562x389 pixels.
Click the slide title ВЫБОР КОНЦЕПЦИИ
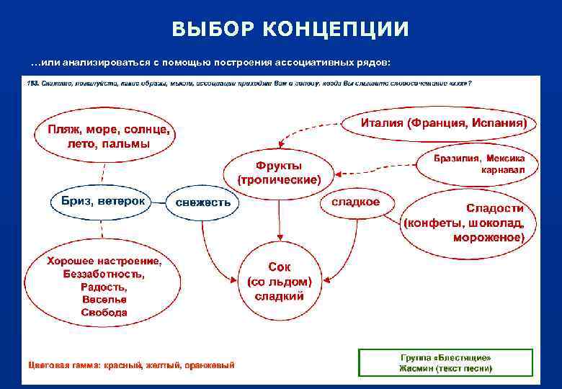290,29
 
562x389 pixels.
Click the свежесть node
203,202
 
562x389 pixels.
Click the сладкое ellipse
355,202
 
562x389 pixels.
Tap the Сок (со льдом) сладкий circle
280,281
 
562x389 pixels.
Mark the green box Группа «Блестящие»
445,362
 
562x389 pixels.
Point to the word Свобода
104,313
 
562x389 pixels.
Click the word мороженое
488,236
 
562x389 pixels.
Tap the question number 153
32,83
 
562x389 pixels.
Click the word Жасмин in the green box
415,368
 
